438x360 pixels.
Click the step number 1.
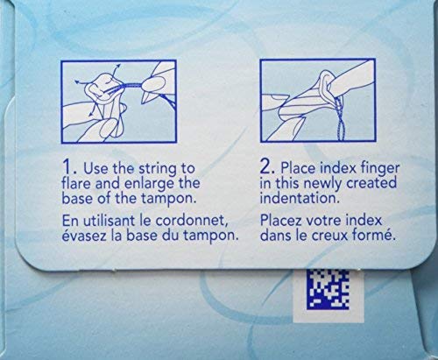click(69, 167)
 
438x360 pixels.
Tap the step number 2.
click(268, 167)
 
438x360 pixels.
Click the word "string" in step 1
click(158, 170)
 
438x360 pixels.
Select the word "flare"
click(76, 183)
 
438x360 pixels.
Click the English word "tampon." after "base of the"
click(168, 200)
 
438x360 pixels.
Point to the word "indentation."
click(300, 198)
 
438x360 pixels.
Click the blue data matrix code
click(328, 290)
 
